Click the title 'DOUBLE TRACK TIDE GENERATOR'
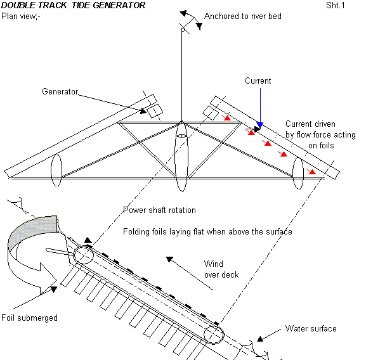tap(73, 5)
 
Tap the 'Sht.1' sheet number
tap(335, 5)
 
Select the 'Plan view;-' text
tap(20, 16)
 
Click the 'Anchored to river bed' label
tap(243, 16)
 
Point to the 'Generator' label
tap(60, 91)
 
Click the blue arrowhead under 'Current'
tap(260, 125)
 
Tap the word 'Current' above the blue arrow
tap(258, 80)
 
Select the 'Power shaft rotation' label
tap(159, 210)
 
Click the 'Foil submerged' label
tap(29, 318)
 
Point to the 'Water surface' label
tap(311, 328)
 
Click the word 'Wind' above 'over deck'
tap(214, 264)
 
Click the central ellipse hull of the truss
tap(181, 156)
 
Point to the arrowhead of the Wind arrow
tap(169, 259)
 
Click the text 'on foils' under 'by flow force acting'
tap(321, 146)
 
